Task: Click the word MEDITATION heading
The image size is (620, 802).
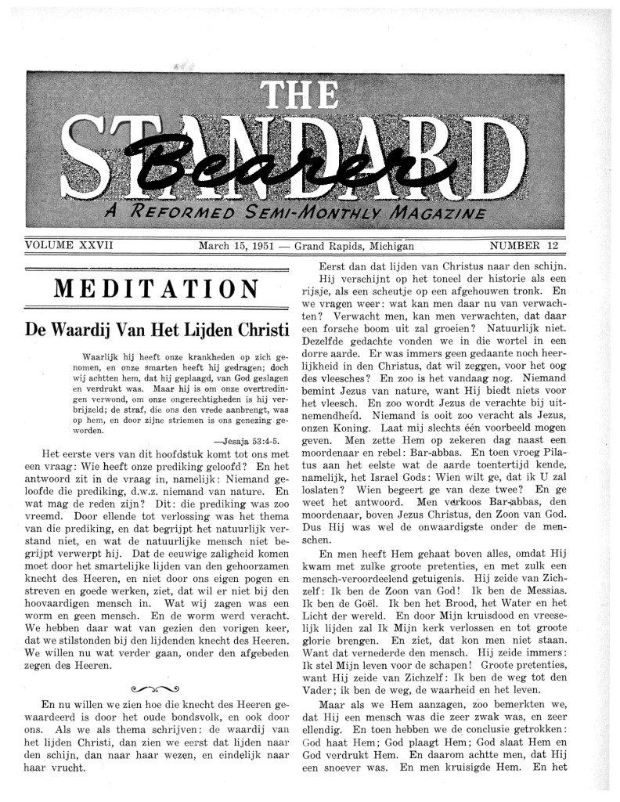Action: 157,289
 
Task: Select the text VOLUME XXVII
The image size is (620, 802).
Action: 70,245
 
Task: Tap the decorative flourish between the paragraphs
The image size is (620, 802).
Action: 157,688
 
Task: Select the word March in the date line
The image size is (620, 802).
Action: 215,245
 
